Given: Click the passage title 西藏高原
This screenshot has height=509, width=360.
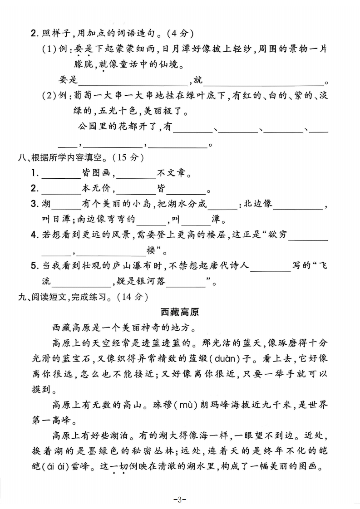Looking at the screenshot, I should [180, 312].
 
